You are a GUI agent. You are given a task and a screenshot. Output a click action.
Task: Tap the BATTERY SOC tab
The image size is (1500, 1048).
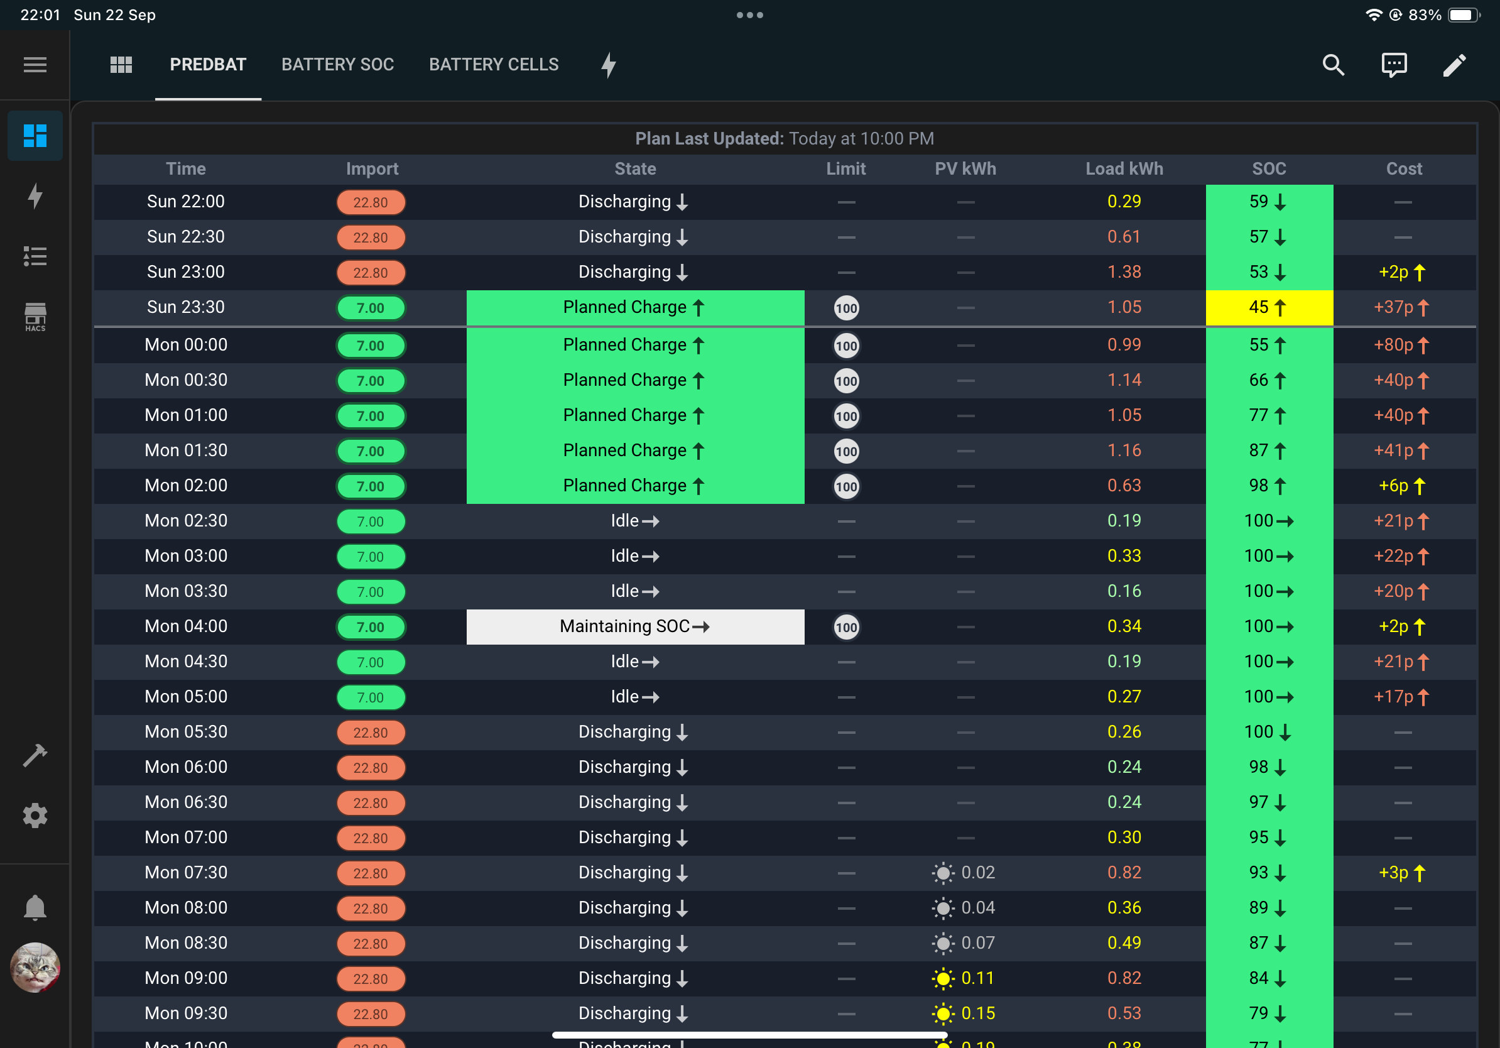tap(337, 64)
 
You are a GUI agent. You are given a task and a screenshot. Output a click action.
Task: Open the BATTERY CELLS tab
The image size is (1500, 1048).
tap(493, 64)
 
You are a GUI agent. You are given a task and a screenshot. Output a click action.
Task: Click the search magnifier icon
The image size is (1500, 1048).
tap(1333, 65)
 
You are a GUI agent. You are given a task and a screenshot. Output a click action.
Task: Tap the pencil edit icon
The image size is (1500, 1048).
tap(1454, 65)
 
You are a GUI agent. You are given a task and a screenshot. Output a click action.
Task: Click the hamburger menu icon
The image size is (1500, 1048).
tap(35, 65)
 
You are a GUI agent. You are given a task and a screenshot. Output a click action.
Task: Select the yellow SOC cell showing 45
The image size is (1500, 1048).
tap(1269, 307)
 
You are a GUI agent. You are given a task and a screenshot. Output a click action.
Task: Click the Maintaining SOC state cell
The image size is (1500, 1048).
tap(635, 626)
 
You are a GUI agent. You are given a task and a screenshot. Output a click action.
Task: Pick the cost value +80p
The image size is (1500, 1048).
tap(1401, 345)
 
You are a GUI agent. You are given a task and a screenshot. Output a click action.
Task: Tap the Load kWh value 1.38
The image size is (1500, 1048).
tap(1124, 272)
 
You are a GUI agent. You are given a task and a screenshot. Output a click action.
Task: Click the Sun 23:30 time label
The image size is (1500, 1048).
tap(185, 307)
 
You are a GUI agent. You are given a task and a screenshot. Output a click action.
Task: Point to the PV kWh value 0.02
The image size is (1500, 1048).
tap(977, 872)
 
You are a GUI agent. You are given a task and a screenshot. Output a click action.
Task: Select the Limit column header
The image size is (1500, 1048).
tap(845, 168)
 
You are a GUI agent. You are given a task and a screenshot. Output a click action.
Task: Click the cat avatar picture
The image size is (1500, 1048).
tap(35, 967)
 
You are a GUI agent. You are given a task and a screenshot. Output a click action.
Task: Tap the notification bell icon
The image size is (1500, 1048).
tap(35, 907)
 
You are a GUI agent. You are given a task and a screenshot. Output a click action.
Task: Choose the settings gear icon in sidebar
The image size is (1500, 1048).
tap(35, 816)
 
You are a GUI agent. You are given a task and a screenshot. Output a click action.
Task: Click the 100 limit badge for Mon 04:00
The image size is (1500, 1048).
tap(846, 627)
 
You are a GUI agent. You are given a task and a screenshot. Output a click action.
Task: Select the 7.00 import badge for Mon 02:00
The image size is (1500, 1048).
tap(371, 486)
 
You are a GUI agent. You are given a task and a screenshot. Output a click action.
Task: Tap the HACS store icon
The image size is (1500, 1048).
tap(35, 317)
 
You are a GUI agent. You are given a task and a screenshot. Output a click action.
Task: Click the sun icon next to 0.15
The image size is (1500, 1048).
tap(943, 1013)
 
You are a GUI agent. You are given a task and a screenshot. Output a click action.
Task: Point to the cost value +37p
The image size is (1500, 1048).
tap(1401, 307)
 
